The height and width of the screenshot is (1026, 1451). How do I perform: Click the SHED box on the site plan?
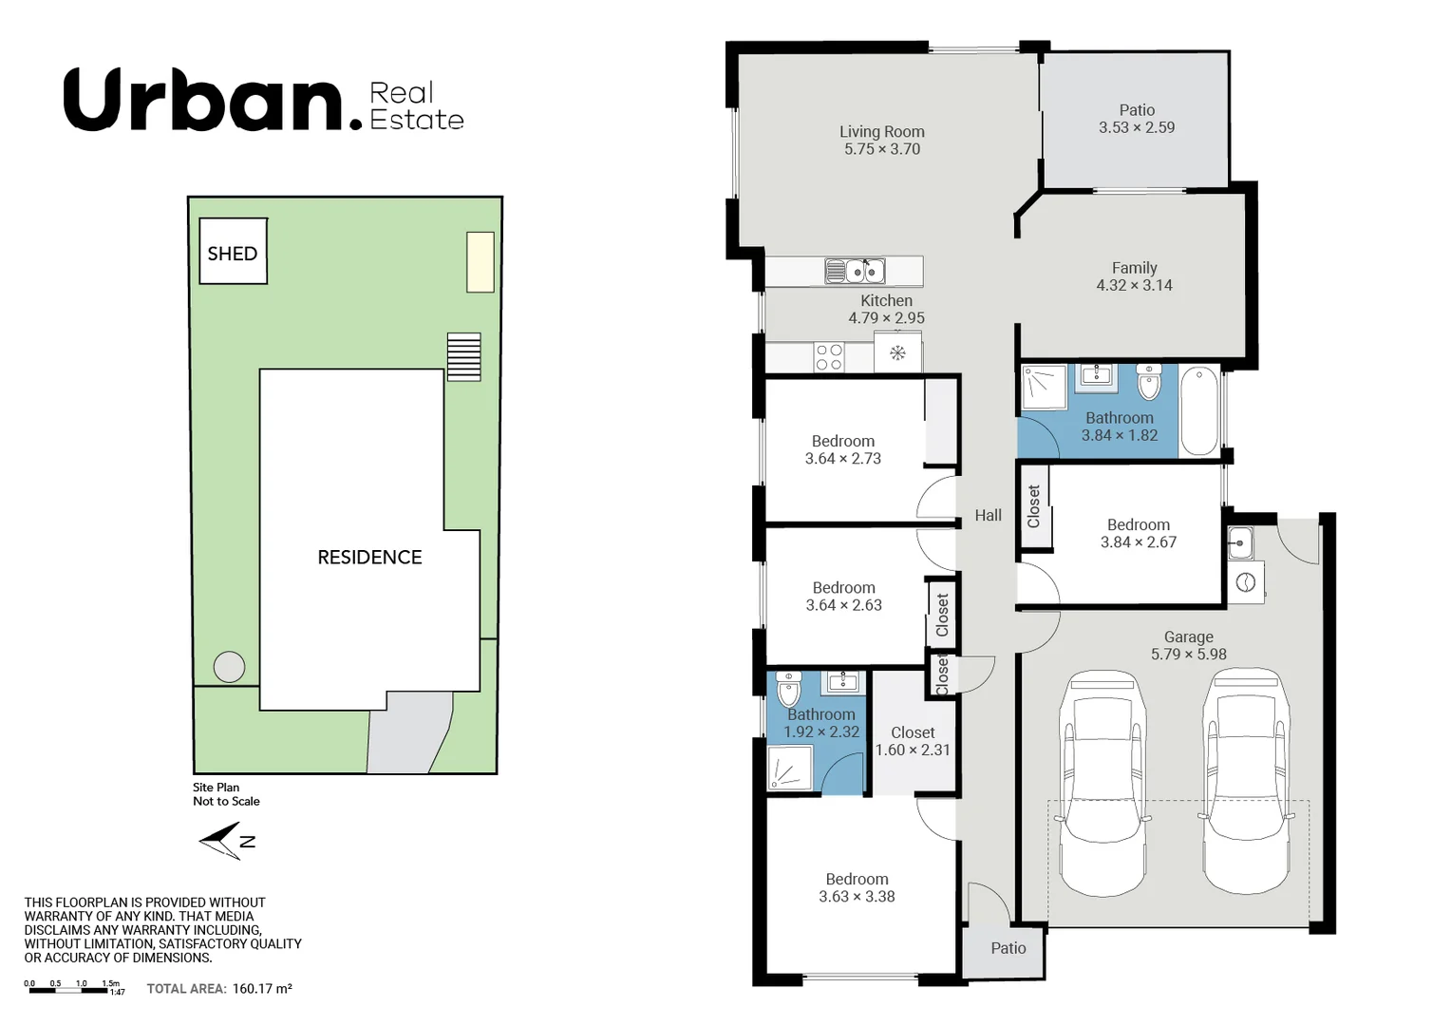[x=233, y=252]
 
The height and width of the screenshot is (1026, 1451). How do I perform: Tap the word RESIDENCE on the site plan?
[x=369, y=558]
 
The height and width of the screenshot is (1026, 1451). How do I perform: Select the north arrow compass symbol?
[x=225, y=841]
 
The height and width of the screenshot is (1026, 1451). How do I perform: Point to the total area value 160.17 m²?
[x=262, y=989]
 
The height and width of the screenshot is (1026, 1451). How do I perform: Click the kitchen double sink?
[x=855, y=272]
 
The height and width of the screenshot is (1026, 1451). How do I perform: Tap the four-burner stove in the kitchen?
[x=829, y=357]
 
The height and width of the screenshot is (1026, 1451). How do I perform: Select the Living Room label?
[x=881, y=132]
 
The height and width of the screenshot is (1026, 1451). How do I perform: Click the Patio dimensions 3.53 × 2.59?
[x=1136, y=127]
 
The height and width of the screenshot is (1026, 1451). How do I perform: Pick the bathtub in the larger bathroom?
[x=1200, y=411]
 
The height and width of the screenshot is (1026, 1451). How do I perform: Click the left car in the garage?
[x=1102, y=783]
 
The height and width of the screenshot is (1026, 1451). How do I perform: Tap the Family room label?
[x=1134, y=268]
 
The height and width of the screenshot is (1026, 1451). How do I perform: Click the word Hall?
[x=988, y=515]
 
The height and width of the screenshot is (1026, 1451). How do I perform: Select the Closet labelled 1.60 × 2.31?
[x=913, y=741]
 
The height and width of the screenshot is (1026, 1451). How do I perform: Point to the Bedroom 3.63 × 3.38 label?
[x=857, y=888]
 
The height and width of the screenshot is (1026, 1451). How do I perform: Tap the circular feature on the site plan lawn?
[x=229, y=667]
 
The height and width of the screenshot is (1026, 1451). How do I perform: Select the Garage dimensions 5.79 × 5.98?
[x=1188, y=655]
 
